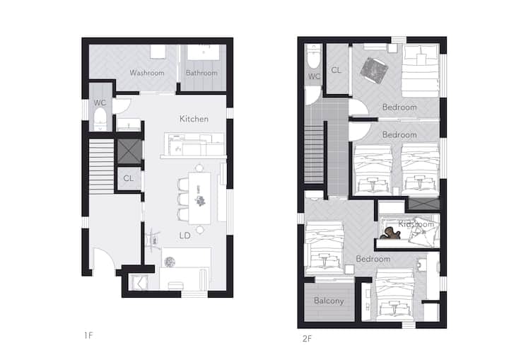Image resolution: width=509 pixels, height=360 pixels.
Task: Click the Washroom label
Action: [147, 73]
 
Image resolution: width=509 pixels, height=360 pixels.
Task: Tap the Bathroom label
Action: [201, 73]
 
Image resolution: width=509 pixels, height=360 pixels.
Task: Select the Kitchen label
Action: [194, 119]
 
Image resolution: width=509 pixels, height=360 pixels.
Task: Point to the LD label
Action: [185, 236]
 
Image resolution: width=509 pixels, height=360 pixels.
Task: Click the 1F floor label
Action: [88, 335]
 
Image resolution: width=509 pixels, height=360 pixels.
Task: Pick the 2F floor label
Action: [307, 339]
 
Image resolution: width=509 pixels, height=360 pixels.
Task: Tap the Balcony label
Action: [329, 301]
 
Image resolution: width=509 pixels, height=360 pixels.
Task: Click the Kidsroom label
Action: [416, 224]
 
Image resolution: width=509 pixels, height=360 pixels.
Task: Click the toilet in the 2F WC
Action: [314, 56]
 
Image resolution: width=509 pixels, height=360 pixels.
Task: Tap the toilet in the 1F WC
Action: [100, 119]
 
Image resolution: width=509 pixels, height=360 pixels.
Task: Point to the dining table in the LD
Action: [199, 198]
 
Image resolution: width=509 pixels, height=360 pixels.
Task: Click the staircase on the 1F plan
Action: [101, 167]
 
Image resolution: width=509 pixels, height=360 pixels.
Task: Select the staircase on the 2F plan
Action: [314, 153]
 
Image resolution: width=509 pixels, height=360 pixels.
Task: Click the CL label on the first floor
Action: [128, 178]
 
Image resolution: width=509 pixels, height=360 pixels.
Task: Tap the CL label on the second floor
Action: [336, 70]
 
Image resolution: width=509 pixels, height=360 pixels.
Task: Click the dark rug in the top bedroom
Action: [374, 71]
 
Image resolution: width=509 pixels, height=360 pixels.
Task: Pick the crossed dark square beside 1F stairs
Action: [129, 151]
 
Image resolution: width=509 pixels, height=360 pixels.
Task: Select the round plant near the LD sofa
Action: [170, 262]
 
